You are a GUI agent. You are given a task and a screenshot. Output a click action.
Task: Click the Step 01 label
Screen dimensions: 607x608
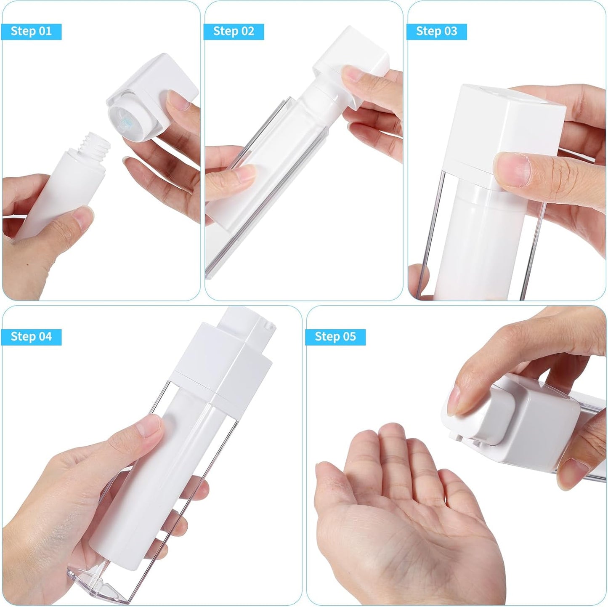31,32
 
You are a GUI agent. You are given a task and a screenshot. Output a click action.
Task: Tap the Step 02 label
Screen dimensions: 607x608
234,32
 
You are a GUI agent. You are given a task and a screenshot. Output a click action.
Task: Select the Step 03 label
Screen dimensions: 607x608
436,32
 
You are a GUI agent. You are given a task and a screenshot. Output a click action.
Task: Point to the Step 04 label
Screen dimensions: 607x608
31,337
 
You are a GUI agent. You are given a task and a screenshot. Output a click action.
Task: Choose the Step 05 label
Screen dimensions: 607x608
335,337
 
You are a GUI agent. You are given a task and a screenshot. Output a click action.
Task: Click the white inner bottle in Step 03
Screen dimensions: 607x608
475,244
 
